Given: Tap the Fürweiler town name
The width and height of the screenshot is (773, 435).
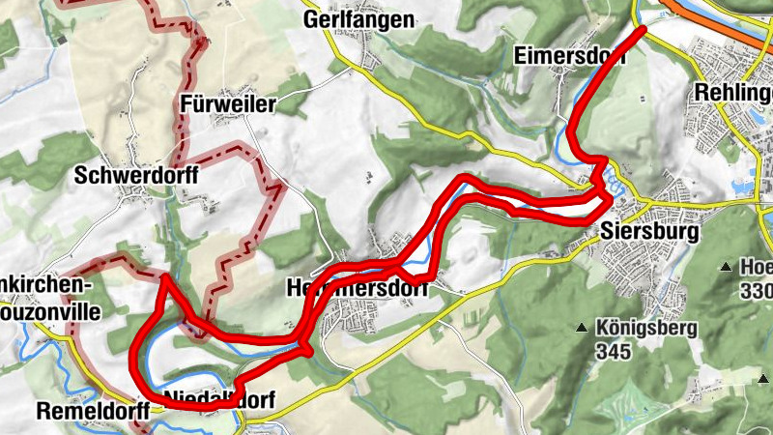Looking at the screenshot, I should click(x=229, y=104).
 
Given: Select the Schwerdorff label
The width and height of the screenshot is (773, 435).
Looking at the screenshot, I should click(x=136, y=175).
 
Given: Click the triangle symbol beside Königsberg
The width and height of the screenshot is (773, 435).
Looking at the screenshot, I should click(x=582, y=329).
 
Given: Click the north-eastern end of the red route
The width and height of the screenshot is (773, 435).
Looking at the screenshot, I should click(x=642, y=31).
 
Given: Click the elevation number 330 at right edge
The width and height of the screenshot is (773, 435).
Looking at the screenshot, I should click(x=757, y=290).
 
